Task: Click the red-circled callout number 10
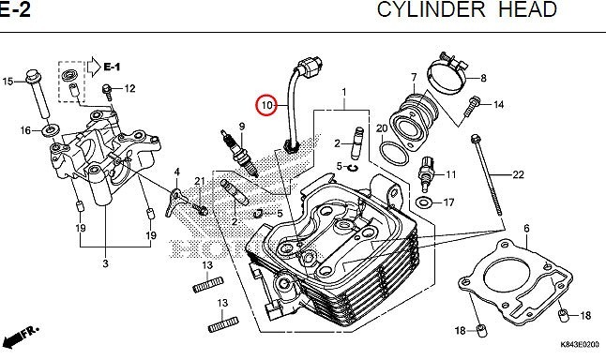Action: tap(267, 105)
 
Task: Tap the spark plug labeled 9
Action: tap(240, 154)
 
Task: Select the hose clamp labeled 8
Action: tap(448, 73)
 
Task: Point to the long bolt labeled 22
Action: tap(487, 174)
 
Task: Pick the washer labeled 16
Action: tap(51, 129)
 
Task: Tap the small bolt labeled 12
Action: tap(108, 92)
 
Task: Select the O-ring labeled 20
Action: tap(394, 154)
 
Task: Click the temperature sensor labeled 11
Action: tap(426, 173)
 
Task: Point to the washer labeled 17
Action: tap(424, 202)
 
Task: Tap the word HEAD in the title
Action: tap(527, 9)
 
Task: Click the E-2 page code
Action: tap(15, 9)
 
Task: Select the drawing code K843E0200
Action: tap(580, 345)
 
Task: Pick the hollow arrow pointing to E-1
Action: tap(94, 67)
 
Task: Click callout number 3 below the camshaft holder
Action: tap(105, 263)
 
